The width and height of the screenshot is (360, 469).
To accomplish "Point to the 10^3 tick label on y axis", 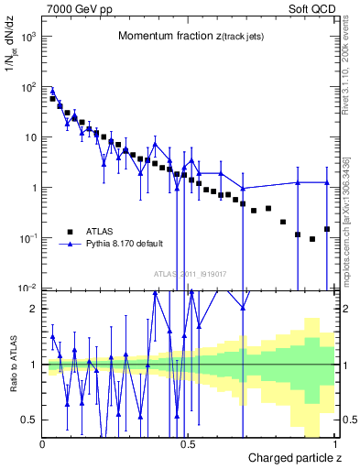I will tap(27, 38).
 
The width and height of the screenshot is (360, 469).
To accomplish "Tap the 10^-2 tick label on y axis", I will tap(27, 289).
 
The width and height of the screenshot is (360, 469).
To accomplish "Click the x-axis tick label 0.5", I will tap(188, 445).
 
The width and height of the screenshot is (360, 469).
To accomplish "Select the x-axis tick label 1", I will tap(336, 445).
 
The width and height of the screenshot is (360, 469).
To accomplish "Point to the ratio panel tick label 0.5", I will tap(29, 420).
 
